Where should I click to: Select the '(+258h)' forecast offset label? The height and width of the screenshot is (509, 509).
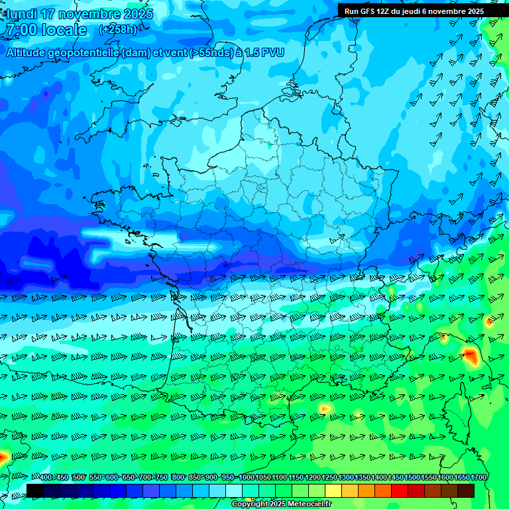118,30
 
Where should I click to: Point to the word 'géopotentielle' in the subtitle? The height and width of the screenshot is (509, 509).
82,52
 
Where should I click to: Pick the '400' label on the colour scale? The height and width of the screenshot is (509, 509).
45,478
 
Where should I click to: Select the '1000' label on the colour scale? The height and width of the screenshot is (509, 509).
247,478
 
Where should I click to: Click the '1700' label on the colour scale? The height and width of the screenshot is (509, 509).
479,478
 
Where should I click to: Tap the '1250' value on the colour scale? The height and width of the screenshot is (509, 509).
329,478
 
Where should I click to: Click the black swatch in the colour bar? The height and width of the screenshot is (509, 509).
35,490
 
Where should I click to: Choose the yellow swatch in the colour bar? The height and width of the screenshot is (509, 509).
333,490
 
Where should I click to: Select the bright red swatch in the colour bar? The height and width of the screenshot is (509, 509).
400,490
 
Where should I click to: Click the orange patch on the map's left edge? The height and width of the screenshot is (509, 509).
3,457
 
